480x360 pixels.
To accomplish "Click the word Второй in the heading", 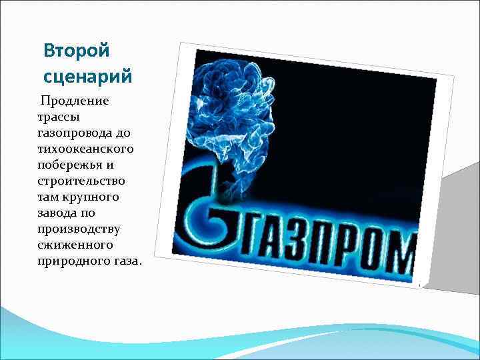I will (x=75, y=51).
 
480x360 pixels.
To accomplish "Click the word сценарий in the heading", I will (x=87, y=75).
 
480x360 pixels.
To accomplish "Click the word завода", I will (x=58, y=213).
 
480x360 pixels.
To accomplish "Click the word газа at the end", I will (x=126, y=261).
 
